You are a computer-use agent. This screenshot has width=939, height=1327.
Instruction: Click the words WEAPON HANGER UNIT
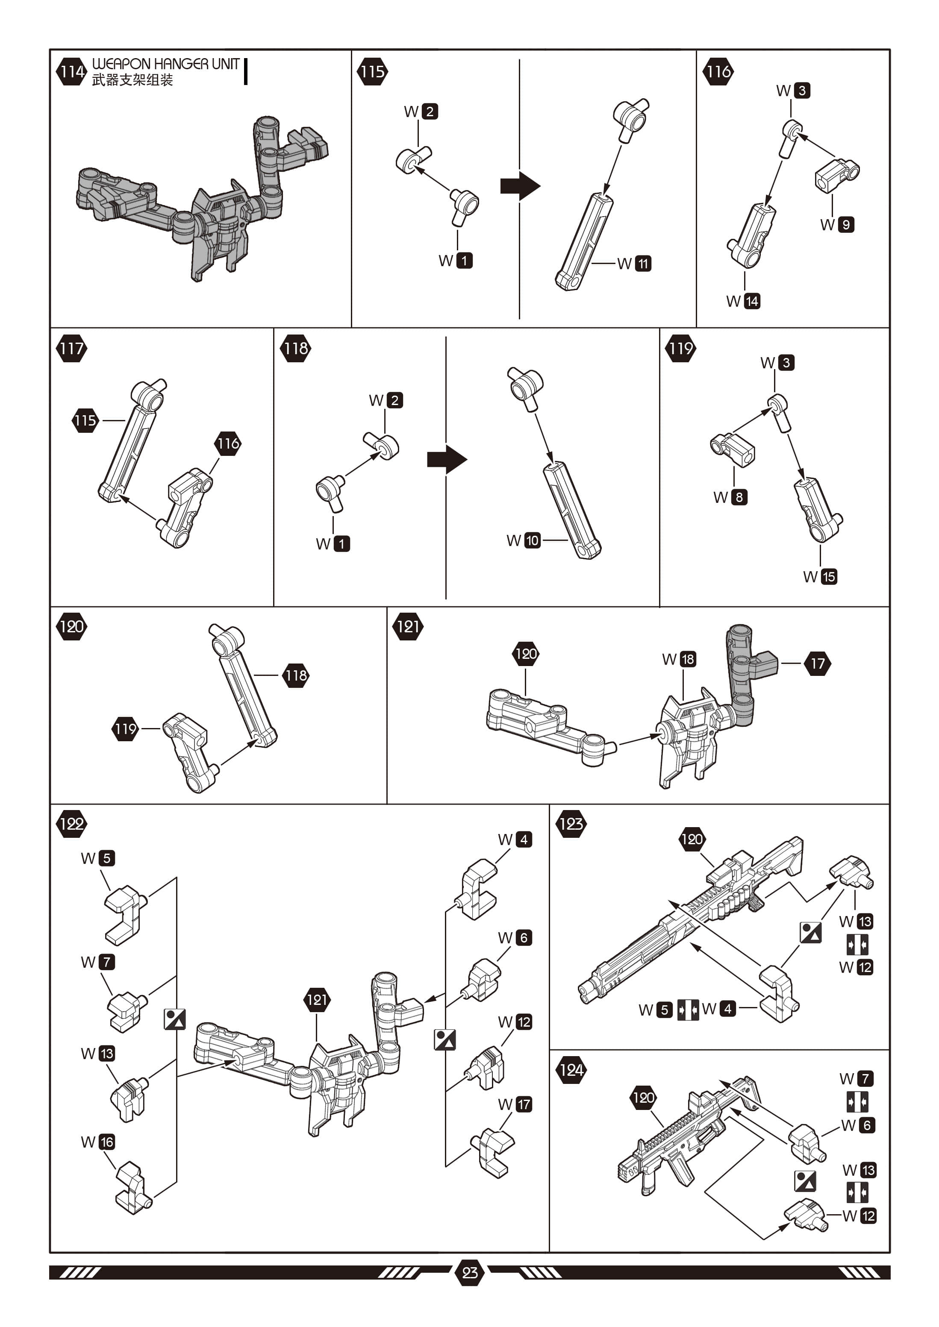pos(165,64)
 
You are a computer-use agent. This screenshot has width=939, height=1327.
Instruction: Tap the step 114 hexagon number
pos(71,72)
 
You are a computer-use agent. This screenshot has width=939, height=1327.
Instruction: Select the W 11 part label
pos(635,264)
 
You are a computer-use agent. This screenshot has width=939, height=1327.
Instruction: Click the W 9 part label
pos(837,224)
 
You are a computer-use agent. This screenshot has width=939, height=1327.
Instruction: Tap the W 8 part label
pos(730,497)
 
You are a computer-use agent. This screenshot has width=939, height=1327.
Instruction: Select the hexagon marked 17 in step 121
pos(817,663)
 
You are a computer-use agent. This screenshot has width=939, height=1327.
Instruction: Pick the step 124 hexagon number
pos(571,1070)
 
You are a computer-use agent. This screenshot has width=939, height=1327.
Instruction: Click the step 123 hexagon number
pos(571,824)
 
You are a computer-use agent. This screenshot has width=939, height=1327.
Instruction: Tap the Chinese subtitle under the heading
pos(132,80)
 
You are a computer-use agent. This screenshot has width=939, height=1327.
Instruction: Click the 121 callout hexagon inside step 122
pos(317,1000)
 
